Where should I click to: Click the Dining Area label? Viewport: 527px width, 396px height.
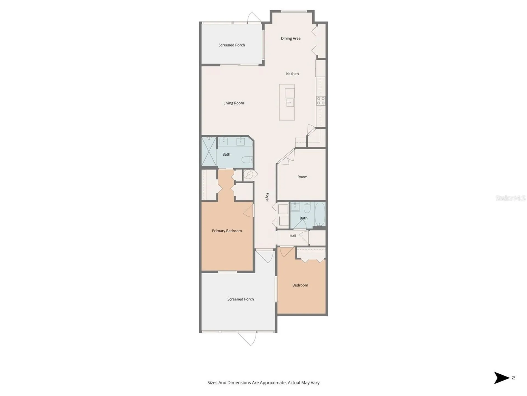tap(291, 38)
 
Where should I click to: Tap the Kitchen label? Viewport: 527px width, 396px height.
tap(292, 74)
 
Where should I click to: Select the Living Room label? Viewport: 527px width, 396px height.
tap(234, 103)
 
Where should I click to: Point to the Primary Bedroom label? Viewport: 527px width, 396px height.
tap(227, 231)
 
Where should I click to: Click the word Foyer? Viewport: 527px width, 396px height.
tap(267, 197)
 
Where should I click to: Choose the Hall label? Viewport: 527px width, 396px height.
tap(293, 236)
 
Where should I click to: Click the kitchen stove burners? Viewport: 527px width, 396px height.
tap(321, 101)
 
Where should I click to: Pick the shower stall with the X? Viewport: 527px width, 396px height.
tap(209, 152)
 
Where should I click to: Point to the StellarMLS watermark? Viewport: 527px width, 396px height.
tap(511, 198)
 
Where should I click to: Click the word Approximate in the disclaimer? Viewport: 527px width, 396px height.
tap(273, 383)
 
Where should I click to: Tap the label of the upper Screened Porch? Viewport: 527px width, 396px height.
tap(232, 45)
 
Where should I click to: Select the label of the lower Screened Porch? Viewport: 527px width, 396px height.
tap(240, 299)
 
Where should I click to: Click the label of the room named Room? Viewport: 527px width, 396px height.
tap(302, 177)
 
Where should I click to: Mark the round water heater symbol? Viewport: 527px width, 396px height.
tap(248, 174)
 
